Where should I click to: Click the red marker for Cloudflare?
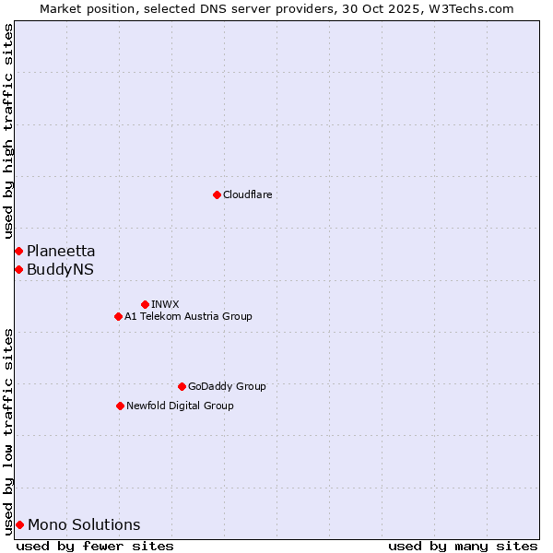(x=217, y=194)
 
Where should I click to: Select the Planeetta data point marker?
(x=18, y=251)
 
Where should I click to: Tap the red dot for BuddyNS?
(x=18, y=269)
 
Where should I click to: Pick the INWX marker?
(x=145, y=304)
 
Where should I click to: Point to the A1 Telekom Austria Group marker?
(x=118, y=316)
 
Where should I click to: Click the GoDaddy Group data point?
(x=182, y=386)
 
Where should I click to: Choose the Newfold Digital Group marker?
(x=120, y=406)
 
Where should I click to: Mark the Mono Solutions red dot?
(x=19, y=524)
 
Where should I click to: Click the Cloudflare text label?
(x=247, y=194)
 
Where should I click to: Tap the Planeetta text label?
(x=61, y=251)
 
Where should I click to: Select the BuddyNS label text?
(x=60, y=269)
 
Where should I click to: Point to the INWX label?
(x=165, y=304)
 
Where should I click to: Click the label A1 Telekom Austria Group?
(x=188, y=316)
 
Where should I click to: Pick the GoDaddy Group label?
(x=227, y=386)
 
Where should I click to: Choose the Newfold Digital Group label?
(x=180, y=406)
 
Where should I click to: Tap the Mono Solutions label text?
(x=84, y=524)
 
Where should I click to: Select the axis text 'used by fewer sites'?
(x=95, y=546)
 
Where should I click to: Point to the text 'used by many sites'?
(x=463, y=546)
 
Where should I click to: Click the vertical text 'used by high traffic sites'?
(x=8, y=131)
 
